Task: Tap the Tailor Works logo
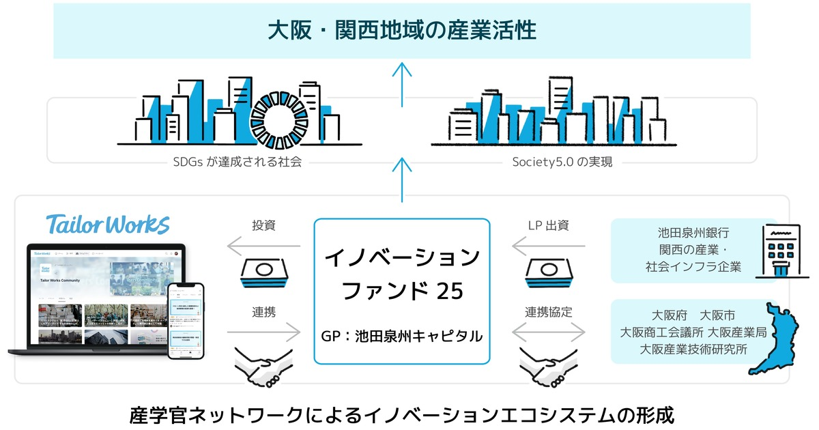click(109, 224)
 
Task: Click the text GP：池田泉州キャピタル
click(402, 336)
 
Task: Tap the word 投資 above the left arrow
click(263, 225)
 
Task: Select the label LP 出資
click(545, 225)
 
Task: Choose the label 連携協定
click(549, 311)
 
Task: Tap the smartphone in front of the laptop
click(186, 321)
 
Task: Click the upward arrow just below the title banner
click(402, 78)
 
